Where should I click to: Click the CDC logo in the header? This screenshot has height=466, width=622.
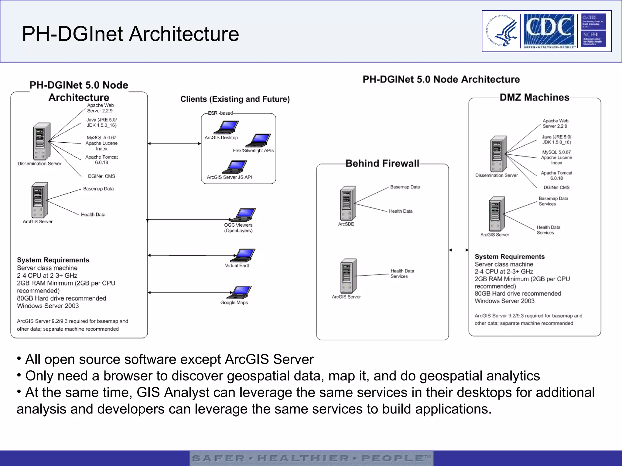[549, 30]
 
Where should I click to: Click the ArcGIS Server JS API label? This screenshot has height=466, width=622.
[229, 177]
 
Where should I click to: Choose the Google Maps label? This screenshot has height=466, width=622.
[234, 302]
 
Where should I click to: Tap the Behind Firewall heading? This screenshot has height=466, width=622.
[382, 164]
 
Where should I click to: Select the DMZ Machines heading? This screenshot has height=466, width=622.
[534, 97]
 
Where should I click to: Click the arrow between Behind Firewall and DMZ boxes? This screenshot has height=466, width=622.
[459, 250]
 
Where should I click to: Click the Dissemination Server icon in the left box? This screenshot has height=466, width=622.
[41, 141]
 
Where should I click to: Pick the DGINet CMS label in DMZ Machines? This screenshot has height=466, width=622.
[556, 187]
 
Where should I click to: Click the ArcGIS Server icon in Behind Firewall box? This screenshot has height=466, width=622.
[348, 275]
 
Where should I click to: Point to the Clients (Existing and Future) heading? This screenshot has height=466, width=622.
[235, 99]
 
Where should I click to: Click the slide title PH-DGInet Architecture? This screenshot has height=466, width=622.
[130, 34]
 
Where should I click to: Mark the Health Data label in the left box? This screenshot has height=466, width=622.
[93, 214]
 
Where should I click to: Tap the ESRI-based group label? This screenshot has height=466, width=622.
[220, 113]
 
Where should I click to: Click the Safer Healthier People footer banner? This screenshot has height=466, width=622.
[311, 458]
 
